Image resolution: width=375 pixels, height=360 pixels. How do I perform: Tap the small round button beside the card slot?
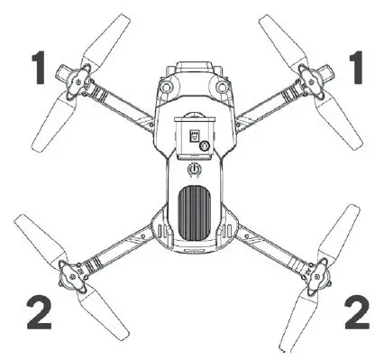point(206,146)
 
